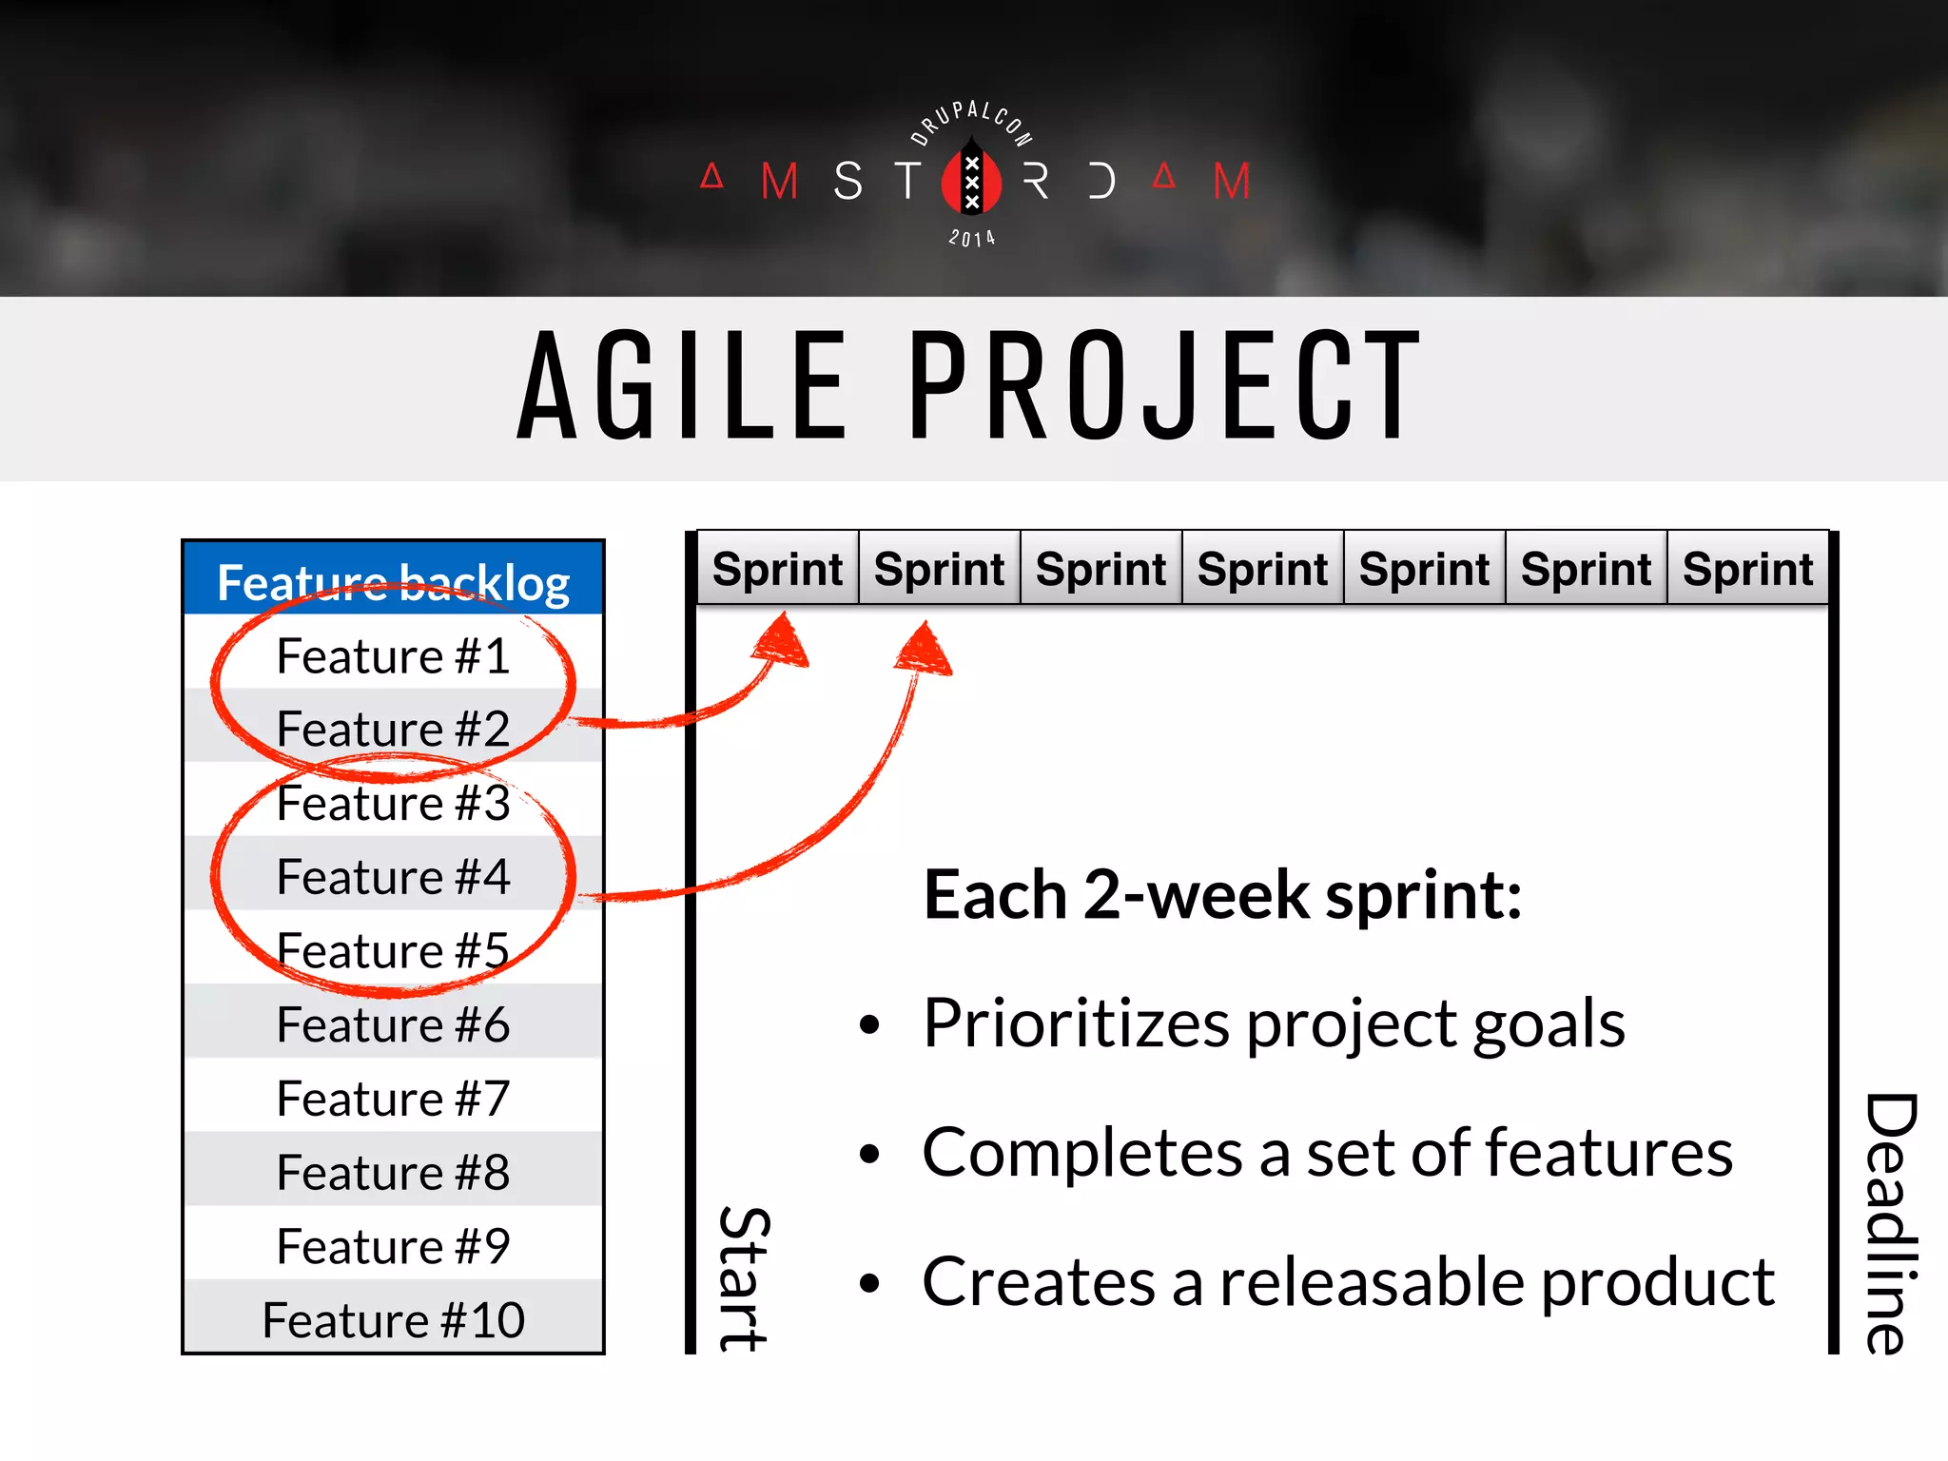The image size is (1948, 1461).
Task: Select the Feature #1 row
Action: click(393, 656)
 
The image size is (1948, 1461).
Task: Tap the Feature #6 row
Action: click(393, 1024)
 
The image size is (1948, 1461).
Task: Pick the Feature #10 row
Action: click(393, 1320)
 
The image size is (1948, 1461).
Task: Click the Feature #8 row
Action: click(393, 1172)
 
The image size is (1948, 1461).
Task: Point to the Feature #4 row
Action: click(393, 876)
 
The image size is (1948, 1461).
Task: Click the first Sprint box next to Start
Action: click(777, 569)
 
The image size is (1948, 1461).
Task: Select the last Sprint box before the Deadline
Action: click(1747, 569)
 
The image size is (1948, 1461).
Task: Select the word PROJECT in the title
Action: click(1165, 385)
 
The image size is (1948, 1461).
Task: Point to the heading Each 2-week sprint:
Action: click(1222, 895)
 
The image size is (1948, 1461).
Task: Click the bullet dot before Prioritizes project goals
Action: click(868, 1025)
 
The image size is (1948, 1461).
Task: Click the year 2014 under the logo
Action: click(971, 238)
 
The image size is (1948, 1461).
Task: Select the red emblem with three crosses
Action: click(971, 181)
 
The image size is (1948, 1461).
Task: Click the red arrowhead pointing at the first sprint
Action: click(782, 641)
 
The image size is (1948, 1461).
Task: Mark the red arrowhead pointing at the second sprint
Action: click(924, 651)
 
